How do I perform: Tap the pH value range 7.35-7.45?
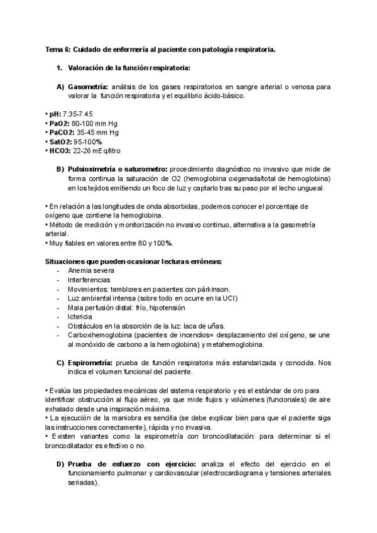pyautogui.click(x=78, y=114)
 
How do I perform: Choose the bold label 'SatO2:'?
pyautogui.click(x=62, y=142)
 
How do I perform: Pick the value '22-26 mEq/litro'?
pyautogui.click(x=97, y=151)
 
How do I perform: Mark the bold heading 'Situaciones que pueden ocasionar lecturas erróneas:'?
pyautogui.click(x=134, y=261)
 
